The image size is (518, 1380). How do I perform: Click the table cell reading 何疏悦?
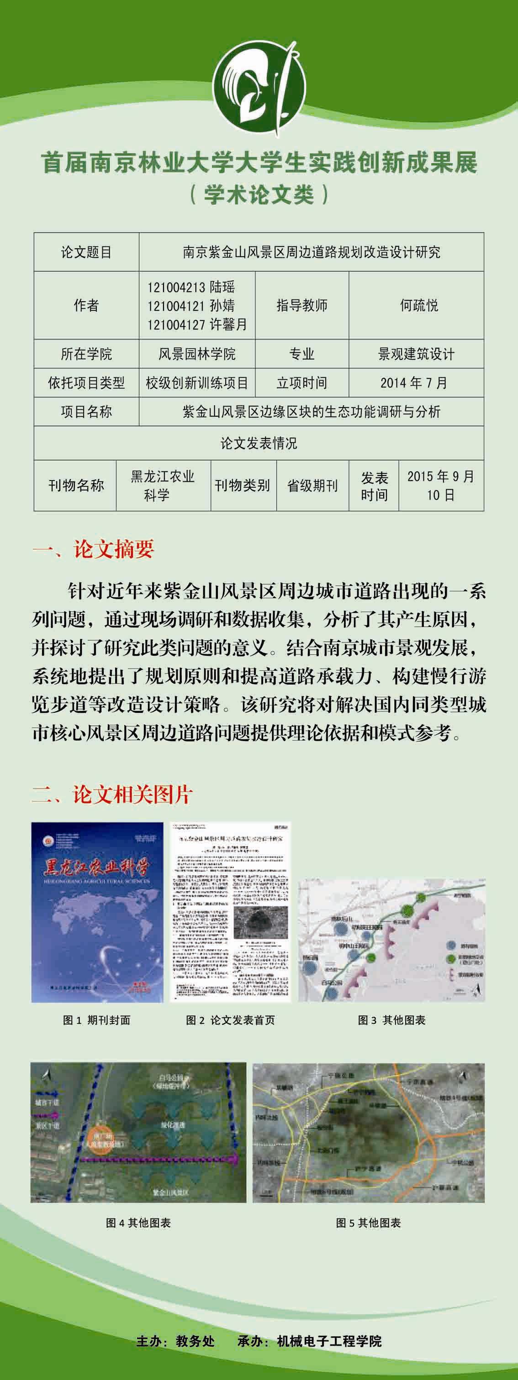pyautogui.click(x=419, y=305)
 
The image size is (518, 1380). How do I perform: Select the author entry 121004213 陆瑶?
pyautogui.click(x=191, y=287)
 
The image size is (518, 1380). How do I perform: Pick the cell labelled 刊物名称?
pyautogui.click(x=76, y=486)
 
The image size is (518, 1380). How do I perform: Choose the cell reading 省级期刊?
pyautogui.click(x=312, y=486)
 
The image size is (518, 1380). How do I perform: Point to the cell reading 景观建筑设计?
pyautogui.click(x=416, y=354)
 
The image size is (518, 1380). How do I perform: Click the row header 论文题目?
pyautogui.click(x=86, y=252)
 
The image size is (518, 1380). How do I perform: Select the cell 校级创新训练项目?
pyautogui.click(x=197, y=382)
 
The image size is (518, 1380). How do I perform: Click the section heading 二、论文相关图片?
pyautogui.click(x=111, y=795)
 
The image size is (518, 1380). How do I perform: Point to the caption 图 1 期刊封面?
pyautogui.click(x=96, y=1020)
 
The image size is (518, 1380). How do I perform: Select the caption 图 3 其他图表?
pyautogui.click(x=391, y=1020)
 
